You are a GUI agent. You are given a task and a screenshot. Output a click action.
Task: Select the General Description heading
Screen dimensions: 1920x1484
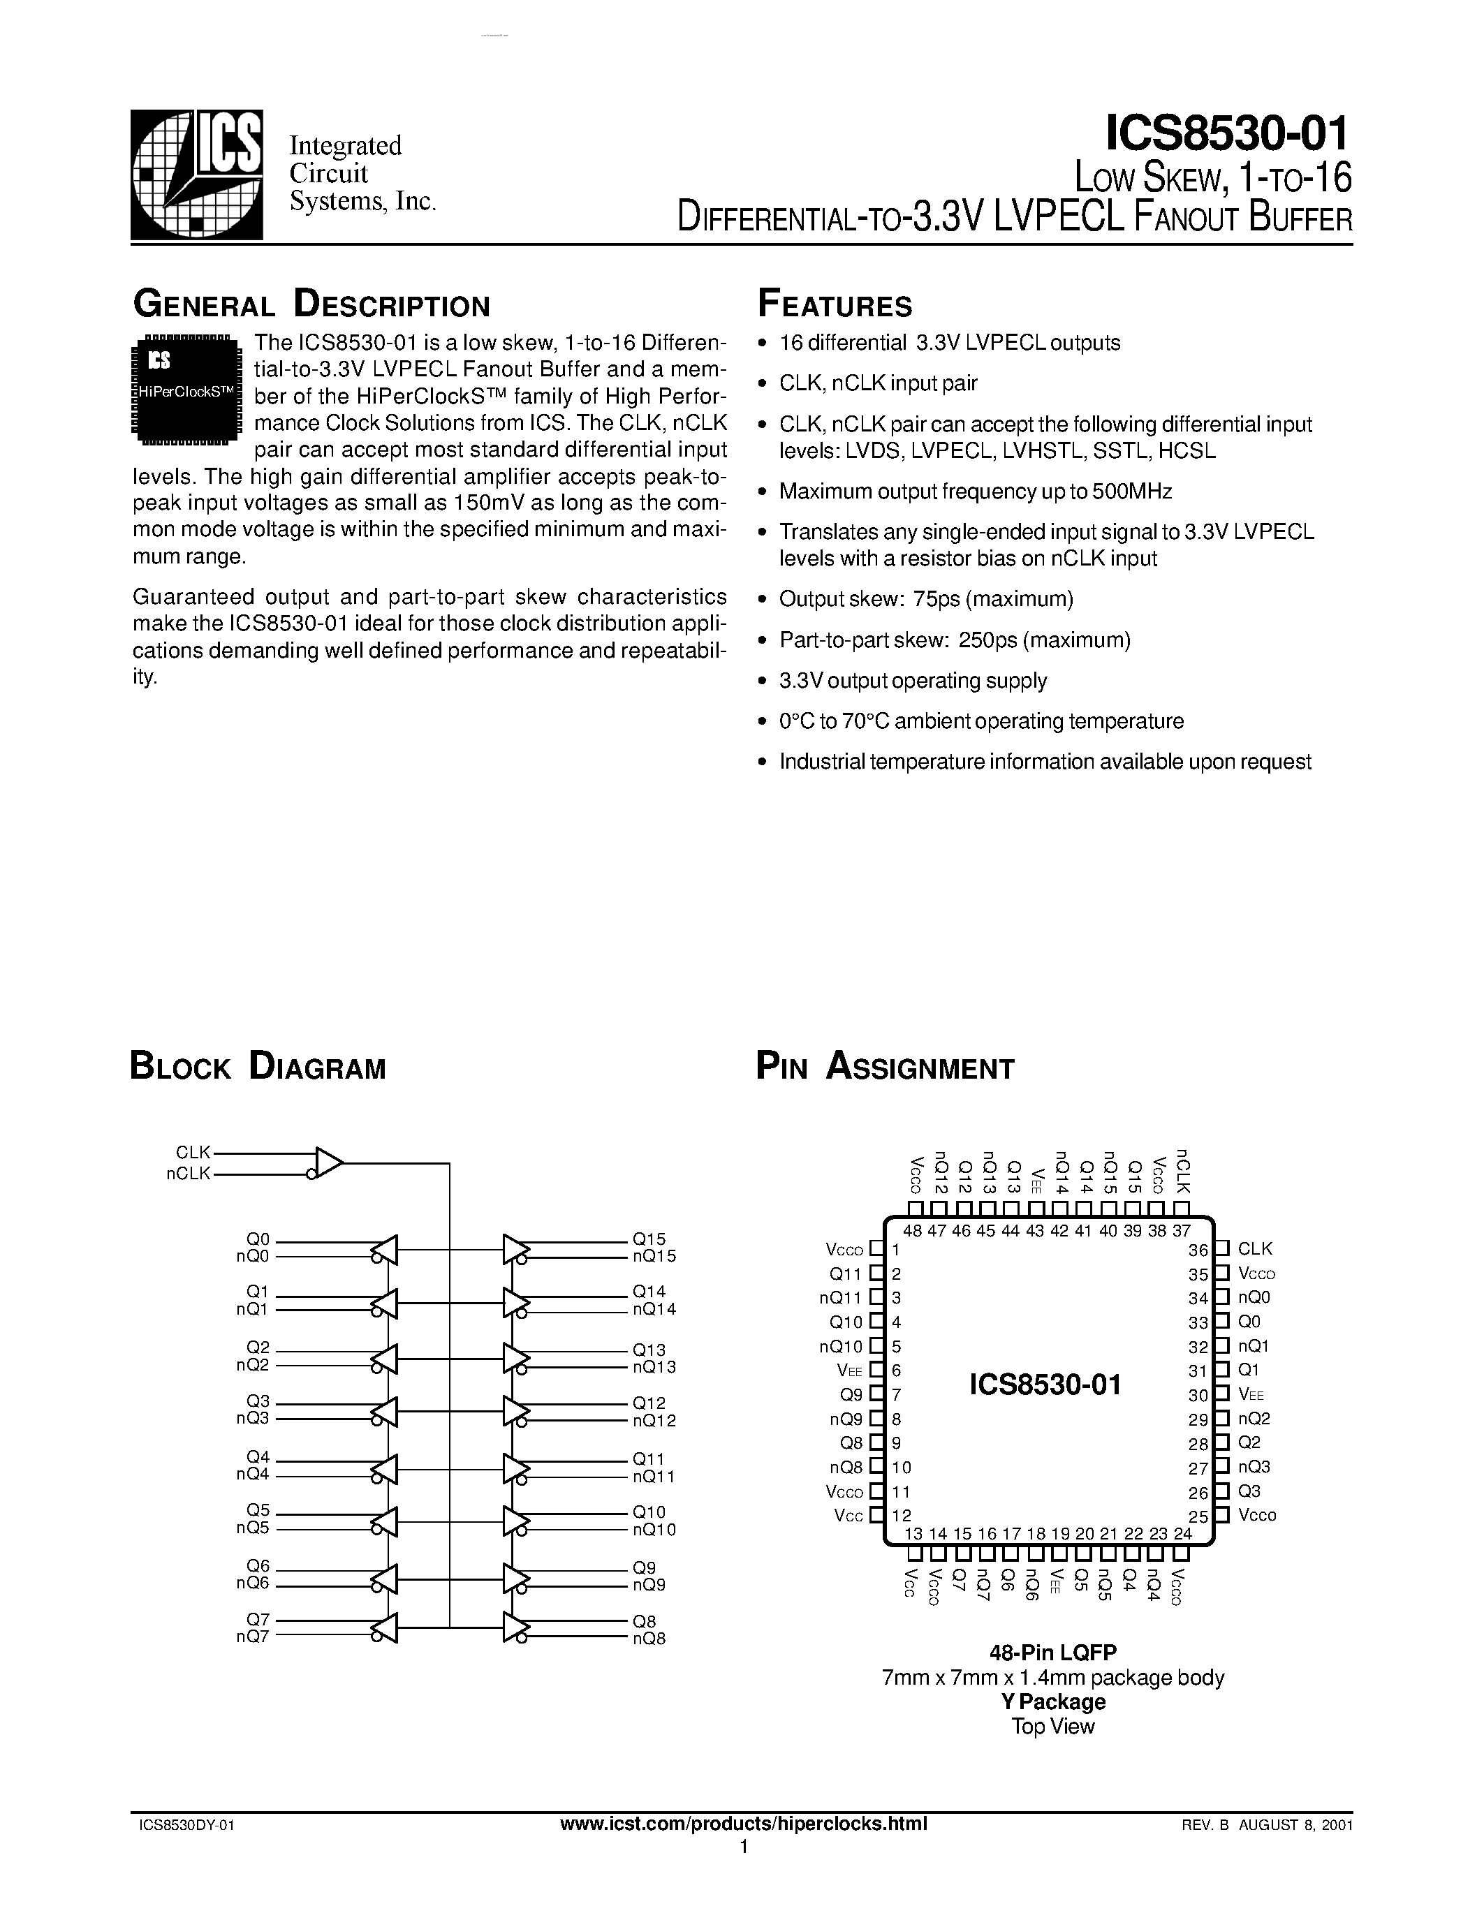(311, 305)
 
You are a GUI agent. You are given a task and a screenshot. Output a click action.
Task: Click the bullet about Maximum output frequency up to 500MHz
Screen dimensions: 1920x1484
(975, 492)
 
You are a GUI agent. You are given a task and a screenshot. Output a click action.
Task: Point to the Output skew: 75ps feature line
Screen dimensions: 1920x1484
(926, 600)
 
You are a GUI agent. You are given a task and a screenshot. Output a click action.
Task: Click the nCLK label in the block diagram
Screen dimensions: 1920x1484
(189, 1174)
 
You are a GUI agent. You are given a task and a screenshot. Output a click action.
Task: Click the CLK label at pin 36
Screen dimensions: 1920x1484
(1254, 1248)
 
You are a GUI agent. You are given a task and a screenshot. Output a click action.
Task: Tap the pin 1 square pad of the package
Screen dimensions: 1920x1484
(876, 1248)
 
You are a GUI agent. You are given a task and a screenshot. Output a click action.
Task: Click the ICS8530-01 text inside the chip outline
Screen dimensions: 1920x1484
(1045, 1385)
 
